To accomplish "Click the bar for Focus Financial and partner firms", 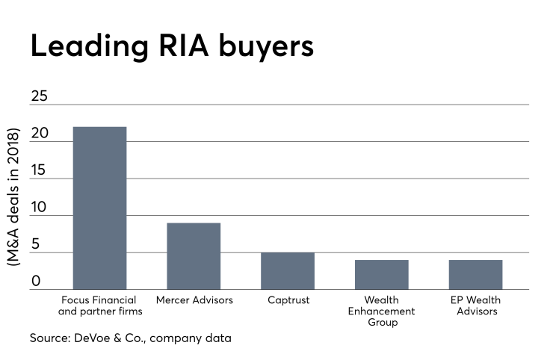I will (99, 208).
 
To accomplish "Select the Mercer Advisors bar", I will (194, 255).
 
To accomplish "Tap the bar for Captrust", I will (288, 270).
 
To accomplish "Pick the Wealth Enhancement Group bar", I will (382, 274).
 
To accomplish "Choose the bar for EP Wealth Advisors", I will (475, 274).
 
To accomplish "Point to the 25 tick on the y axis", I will (39, 96).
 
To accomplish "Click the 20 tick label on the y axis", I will (39, 134).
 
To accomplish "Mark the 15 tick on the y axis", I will (39, 171).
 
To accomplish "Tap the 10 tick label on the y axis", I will (39, 208).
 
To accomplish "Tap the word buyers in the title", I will (271, 46).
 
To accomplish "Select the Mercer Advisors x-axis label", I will (194, 300).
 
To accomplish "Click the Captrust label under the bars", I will (288, 300).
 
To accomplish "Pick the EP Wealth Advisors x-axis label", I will (476, 305).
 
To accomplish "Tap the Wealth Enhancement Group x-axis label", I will (382, 311).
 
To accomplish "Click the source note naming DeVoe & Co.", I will (131, 338).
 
